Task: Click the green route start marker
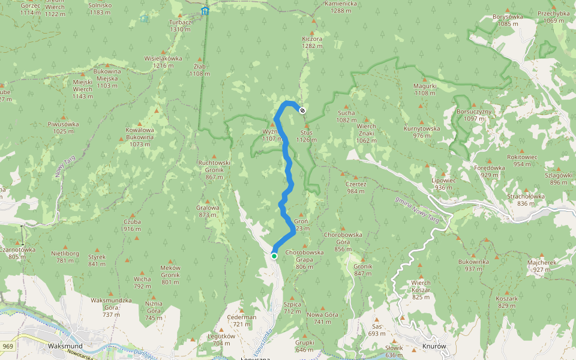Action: tap(274, 256)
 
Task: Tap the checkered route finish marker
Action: tap(302, 110)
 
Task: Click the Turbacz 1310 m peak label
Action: tap(179, 25)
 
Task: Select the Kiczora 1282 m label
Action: tap(312, 42)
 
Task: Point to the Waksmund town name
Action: tap(65, 346)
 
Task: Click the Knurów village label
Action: tap(435, 346)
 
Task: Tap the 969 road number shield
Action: tap(8, 346)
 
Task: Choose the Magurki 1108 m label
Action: tap(425, 89)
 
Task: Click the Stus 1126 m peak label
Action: tap(305, 136)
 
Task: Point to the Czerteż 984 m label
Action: tap(356, 188)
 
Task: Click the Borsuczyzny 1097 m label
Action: tap(474, 115)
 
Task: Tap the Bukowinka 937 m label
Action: tap(473, 265)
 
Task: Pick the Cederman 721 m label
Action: tap(242, 320)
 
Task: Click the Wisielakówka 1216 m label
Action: tap(163, 62)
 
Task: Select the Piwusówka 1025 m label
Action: tap(63, 128)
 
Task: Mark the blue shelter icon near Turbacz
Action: tap(205, 11)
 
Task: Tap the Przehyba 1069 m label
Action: tap(553, 17)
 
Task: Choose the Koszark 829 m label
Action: tap(506, 302)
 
